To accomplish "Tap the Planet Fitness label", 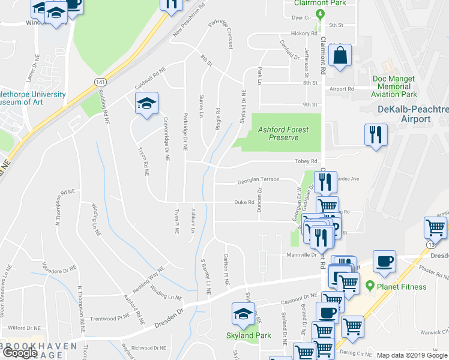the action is (401, 286).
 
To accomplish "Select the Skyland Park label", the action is (248, 335).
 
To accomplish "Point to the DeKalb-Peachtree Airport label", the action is (413, 114).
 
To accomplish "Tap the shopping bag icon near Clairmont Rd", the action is (340, 57).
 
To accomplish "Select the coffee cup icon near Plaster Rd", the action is (384, 262).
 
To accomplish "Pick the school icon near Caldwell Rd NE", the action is (146, 104).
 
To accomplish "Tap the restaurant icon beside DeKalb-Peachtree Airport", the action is (376, 134).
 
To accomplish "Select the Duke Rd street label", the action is (244, 203).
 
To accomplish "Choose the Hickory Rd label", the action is (304, 34).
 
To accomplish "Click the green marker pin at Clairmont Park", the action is (320, 13).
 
